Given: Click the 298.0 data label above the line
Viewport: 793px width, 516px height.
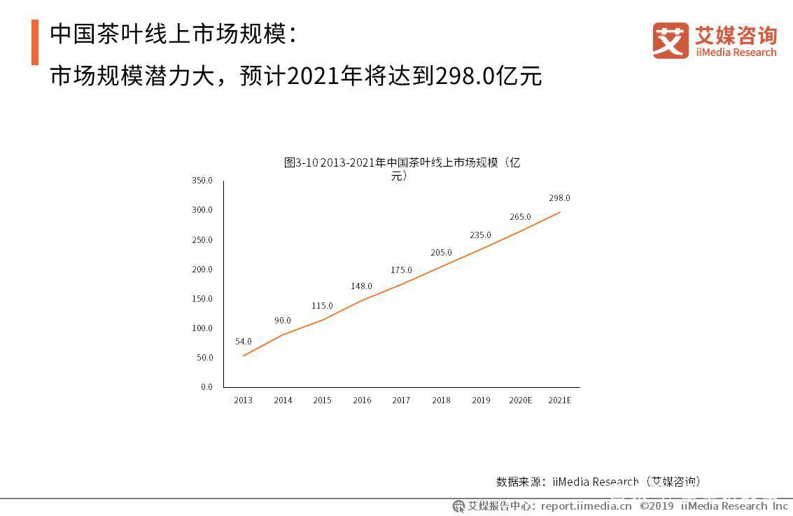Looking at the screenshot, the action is point(559,198).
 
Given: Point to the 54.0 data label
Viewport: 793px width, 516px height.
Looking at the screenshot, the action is point(244,342).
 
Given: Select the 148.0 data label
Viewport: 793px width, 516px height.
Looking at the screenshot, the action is point(361,286).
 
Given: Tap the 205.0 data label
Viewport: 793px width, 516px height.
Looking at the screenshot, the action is point(441,253).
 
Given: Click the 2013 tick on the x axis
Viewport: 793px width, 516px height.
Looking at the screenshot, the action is point(244,400).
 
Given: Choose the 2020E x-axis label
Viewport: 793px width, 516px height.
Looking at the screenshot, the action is point(521,400).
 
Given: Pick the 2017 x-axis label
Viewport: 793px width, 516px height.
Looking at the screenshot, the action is point(401,400).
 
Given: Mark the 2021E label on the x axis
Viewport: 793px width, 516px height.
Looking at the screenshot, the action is point(560,400).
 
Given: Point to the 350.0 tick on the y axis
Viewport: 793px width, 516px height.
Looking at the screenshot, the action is point(202,181).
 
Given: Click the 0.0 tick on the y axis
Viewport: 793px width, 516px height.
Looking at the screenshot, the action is point(206,387).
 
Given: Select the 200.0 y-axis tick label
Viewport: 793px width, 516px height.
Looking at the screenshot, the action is point(202,269).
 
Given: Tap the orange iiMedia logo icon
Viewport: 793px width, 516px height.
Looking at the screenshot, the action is point(670,41).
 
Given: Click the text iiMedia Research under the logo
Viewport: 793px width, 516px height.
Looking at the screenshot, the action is point(736,53).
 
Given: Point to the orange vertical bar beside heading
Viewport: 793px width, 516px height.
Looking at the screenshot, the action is point(35,42).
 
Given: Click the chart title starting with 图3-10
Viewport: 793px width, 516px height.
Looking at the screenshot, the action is point(402,169).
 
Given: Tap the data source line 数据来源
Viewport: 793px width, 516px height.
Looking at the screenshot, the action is point(598,482).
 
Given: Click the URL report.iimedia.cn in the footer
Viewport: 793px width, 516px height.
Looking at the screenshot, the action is point(586,506).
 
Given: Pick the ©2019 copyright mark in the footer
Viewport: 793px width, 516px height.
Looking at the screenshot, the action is point(657,506).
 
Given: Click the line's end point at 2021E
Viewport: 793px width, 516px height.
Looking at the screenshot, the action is point(560,212).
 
